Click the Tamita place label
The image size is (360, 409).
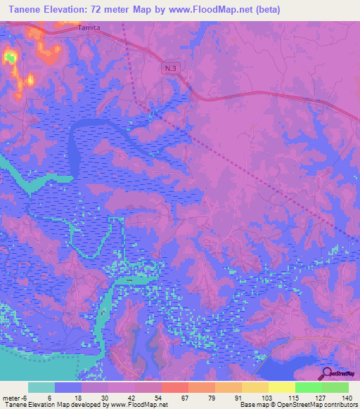coord(89,27)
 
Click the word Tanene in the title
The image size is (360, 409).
coord(23,9)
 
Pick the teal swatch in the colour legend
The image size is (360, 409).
coord(41,387)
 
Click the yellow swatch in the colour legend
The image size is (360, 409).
coord(281,387)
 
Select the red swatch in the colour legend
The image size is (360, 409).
coord(174,387)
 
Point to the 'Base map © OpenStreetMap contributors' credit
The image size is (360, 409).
coord(297,405)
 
